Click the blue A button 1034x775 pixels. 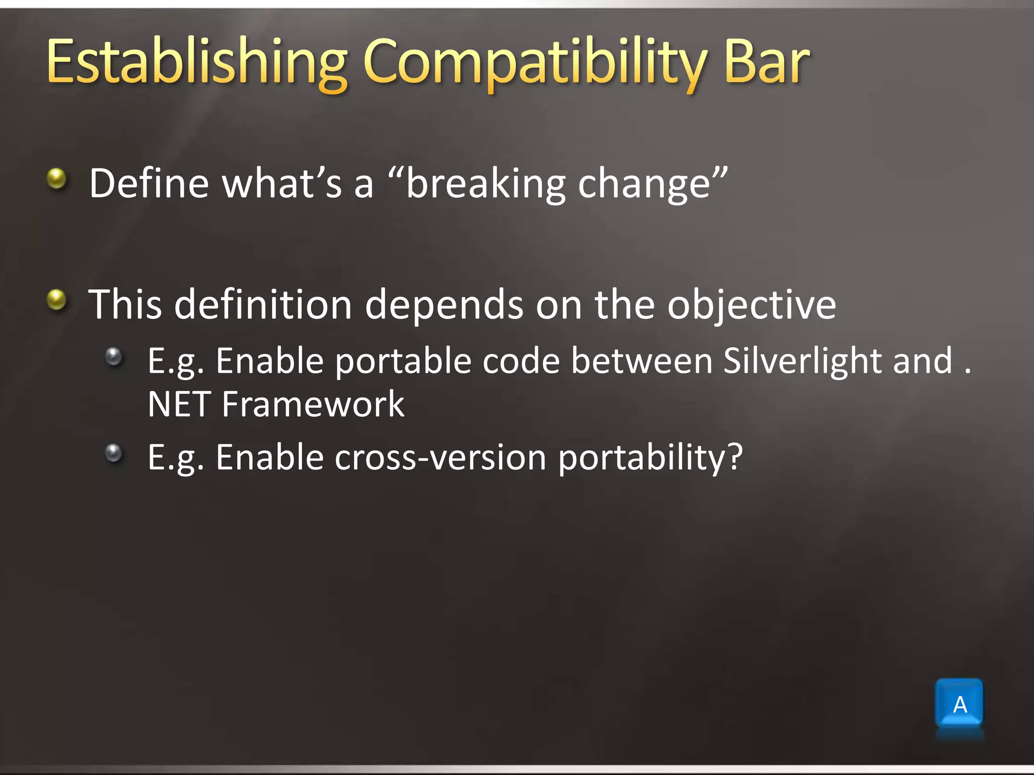click(x=959, y=704)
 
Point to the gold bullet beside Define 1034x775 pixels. click(x=57, y=178)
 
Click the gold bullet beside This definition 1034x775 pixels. click(x=57, y=300)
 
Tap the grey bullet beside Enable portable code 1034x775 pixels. click(x=114, y=357)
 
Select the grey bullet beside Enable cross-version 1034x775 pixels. click(x=114, y=453)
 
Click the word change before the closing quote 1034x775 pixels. click(x=644, y=184)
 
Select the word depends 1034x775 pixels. click(x=444, y=305)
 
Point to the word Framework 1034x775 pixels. click(x=313, y=404)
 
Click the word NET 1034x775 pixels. click(x=179, y=404)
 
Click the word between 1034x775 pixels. click(x=641, y=361)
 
